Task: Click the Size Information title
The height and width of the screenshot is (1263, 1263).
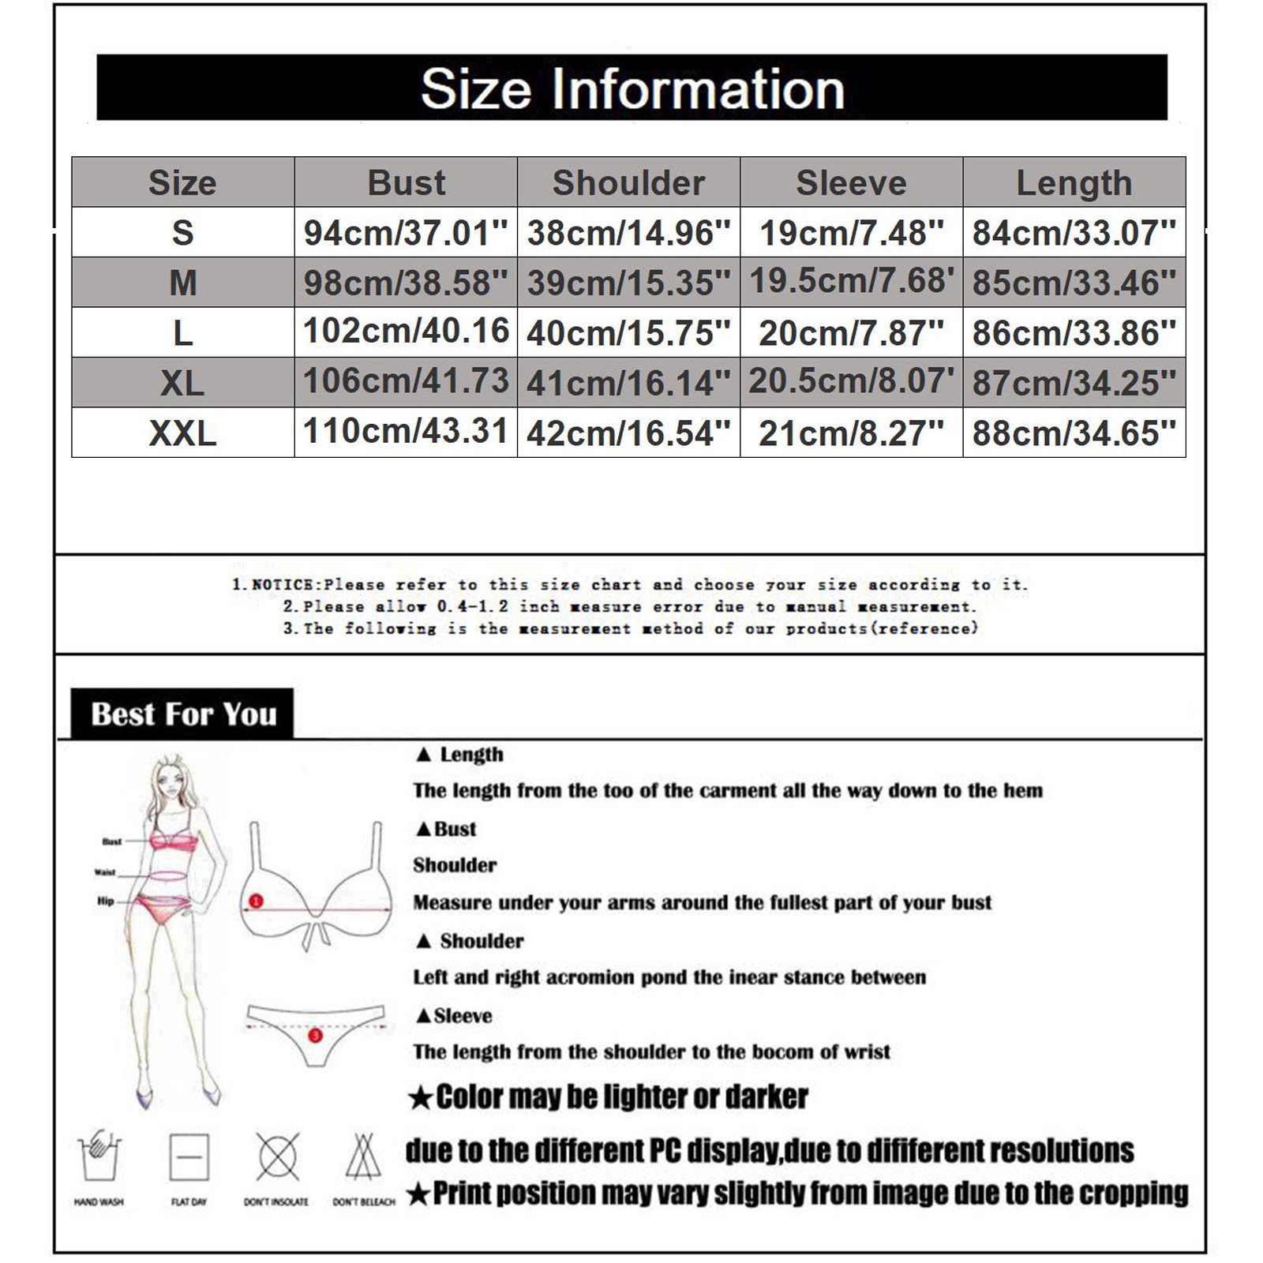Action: coord(631,88)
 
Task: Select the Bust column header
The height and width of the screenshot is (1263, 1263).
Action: coord(406,182)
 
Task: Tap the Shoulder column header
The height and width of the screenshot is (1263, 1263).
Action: coord(628,182)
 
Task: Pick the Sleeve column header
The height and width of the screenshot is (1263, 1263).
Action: coord(851,182)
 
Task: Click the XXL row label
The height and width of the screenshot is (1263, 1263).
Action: coord(182,433)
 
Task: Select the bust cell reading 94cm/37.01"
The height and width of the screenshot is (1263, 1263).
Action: coord(406,233)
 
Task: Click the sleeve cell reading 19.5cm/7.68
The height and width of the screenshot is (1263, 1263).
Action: coord(851,281)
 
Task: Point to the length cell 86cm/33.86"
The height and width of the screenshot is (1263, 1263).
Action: coord(1074,333)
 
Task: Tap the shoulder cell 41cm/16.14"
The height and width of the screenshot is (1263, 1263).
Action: coord(628,383)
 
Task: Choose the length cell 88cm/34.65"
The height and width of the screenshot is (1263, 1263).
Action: coord(1074,433)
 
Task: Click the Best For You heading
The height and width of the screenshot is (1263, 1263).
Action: coord(183,714)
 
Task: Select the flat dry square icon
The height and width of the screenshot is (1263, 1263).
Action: coord(189,1157)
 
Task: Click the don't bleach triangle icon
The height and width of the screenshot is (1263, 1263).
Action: coord(363,1157)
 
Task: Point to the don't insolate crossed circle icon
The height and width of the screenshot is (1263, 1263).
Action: coord(277,1157)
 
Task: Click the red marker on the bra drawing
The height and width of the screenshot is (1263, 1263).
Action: coord(256,901)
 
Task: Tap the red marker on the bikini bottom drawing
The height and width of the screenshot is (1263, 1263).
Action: coord(315,1035)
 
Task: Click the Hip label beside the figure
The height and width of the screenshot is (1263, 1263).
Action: coord(106,901)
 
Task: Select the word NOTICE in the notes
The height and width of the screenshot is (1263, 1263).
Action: coord(284,585)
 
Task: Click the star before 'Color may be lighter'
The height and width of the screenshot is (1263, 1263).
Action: coord(421,1098)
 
